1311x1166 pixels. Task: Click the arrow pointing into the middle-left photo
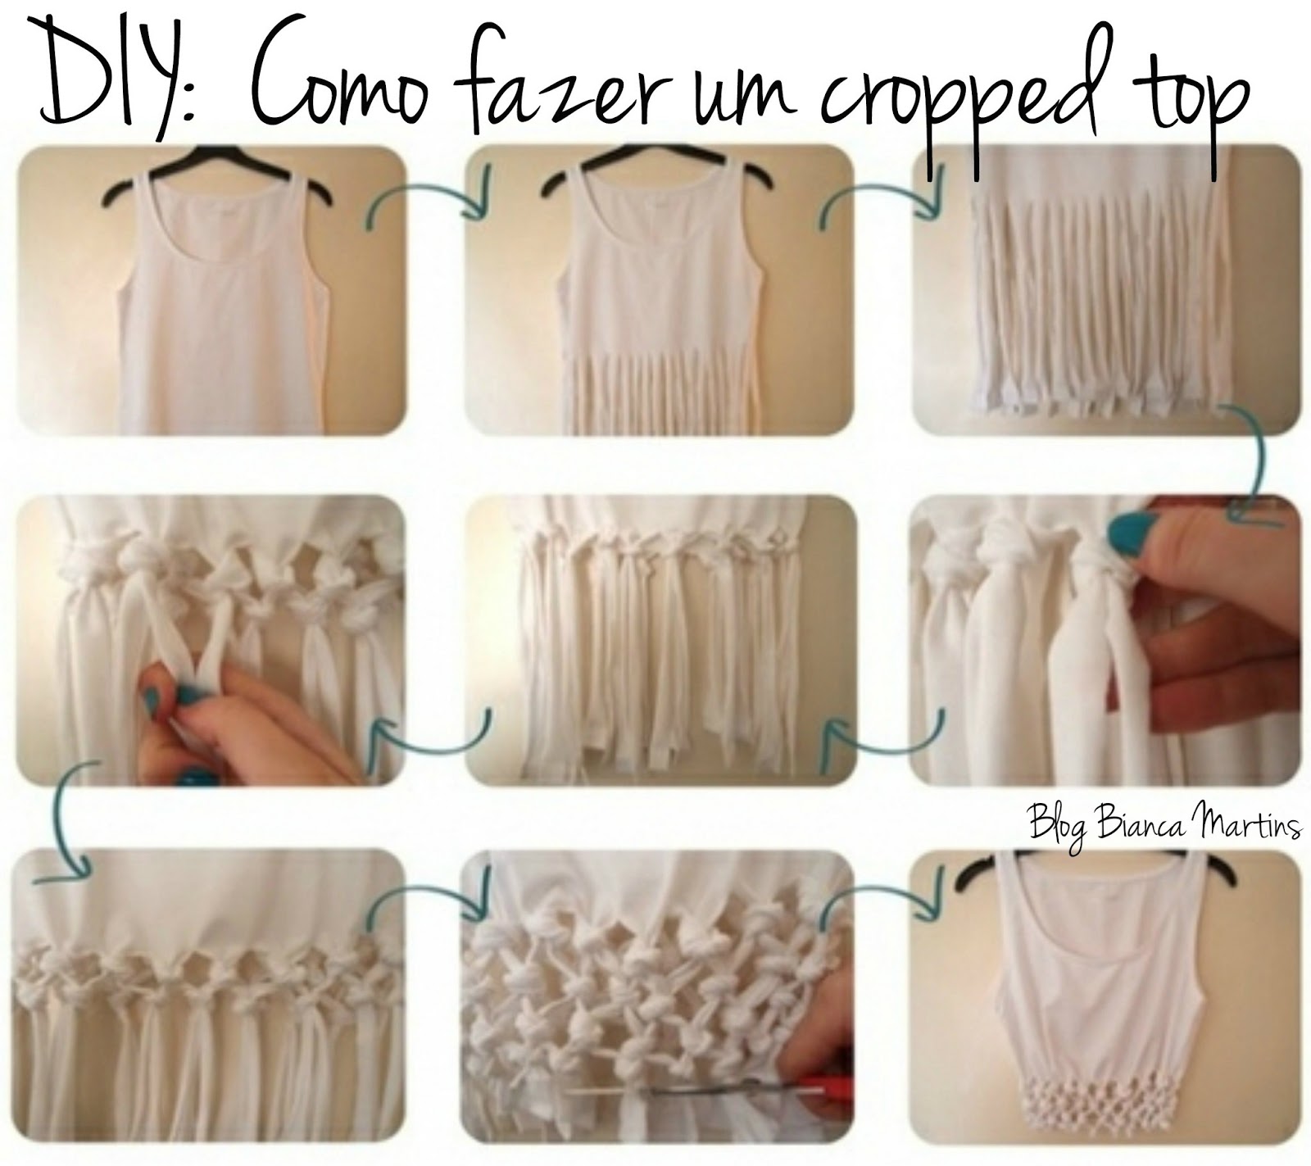429,737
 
